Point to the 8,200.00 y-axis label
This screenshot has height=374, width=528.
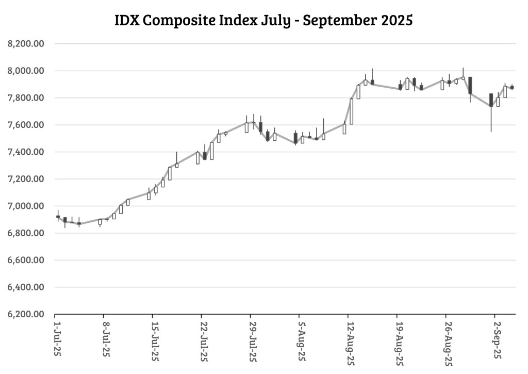click(x=26, y=44)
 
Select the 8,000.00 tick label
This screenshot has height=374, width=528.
click(x=26, y=71)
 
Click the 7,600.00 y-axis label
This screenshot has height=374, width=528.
click(x=26, y=125)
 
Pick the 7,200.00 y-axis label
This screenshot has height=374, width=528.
click(x=26, y=179)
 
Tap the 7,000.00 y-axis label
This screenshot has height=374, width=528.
click(x=26, y=206)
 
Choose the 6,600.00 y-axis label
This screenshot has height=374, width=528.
click(x=26, y=261)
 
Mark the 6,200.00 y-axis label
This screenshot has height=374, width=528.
click(x=26, y=314)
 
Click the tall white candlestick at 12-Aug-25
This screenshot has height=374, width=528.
click(x=351, y=111)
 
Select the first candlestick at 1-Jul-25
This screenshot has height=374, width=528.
click(x=58, y=217)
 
